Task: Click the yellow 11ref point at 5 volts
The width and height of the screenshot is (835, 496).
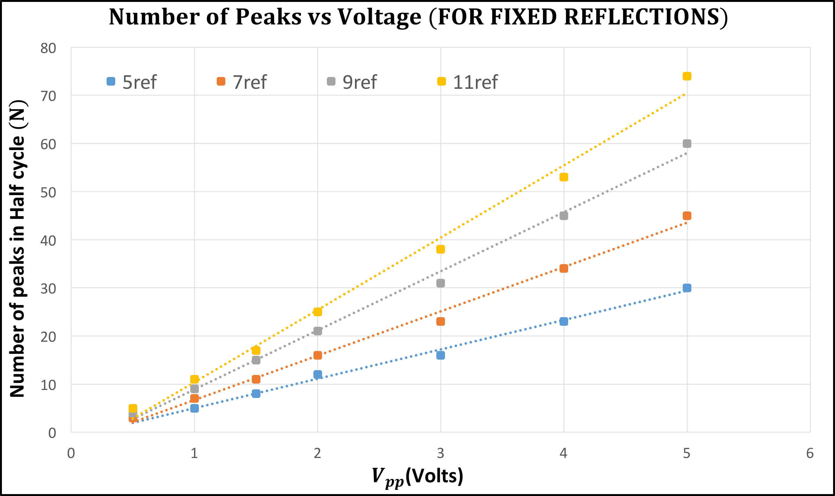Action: tap(687, 76)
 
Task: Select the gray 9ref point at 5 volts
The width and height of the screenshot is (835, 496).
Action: tap(687, 143)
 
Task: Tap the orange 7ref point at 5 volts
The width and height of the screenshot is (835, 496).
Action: tap(687, 216)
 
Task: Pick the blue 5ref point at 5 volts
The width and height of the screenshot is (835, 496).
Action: tap(687, 288)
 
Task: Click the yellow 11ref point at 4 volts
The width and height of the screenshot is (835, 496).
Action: tap(563, 177)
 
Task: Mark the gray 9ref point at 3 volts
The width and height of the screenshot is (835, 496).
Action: tap(440, 283)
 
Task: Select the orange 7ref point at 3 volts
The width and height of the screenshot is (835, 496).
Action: tap(440, 321)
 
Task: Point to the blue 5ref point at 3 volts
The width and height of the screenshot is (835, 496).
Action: tap(440, 355)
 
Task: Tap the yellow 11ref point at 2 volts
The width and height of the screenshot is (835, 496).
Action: tap(318, 311)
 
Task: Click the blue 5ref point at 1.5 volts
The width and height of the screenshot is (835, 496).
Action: tap(256, 393)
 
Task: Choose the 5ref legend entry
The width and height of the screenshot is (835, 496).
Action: tap(132, 82)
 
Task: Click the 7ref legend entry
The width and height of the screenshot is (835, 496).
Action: tap(242, 82)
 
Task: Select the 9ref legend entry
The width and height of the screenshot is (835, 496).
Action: tap(352, 82)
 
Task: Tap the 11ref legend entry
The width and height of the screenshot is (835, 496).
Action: tap(468, 82)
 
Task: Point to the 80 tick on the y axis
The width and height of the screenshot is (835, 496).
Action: tap(48, 48)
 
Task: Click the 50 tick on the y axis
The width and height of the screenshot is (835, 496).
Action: tap(48, 193)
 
